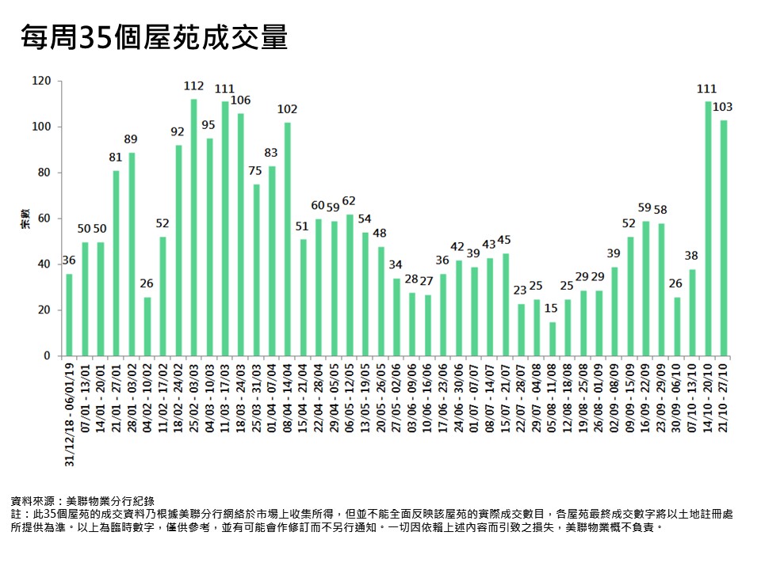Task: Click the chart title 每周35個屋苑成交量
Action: (154, 37)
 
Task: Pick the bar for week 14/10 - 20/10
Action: (708, 229)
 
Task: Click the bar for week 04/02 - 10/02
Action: (147, 326)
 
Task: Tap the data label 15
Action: (553, 309)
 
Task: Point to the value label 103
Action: (723, 107)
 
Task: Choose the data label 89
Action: (132, 139)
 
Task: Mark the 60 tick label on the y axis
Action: (45, 218)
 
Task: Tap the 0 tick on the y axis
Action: (48, 356)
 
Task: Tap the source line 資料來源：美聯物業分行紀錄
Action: (82, 501)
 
